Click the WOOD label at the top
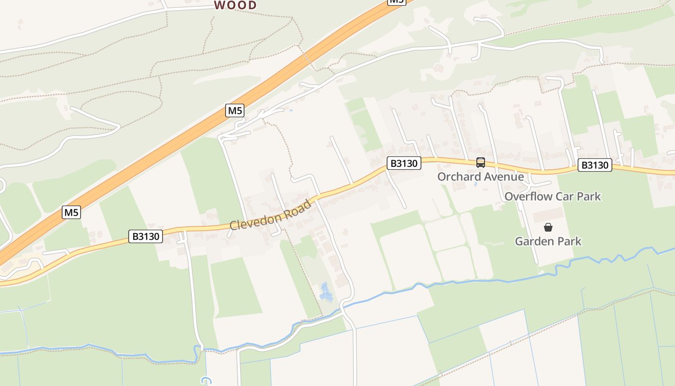tap(235, 5)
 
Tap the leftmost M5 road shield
tap(71, 212)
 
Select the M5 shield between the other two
tap(235, 110)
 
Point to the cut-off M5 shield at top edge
tap(396, 1)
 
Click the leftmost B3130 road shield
tap(146, 236)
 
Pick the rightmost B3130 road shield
tap(595, 165)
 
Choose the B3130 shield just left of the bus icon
tap(404, 163)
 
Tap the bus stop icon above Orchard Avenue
tap(481, 163)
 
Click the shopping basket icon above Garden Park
tap(548, 227)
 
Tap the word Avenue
tap(504, 177)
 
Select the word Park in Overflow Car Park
tap(589, 196)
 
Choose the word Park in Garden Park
tap(569, 241)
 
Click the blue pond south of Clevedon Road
tap(325, 292)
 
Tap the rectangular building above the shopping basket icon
tap(548, 215)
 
